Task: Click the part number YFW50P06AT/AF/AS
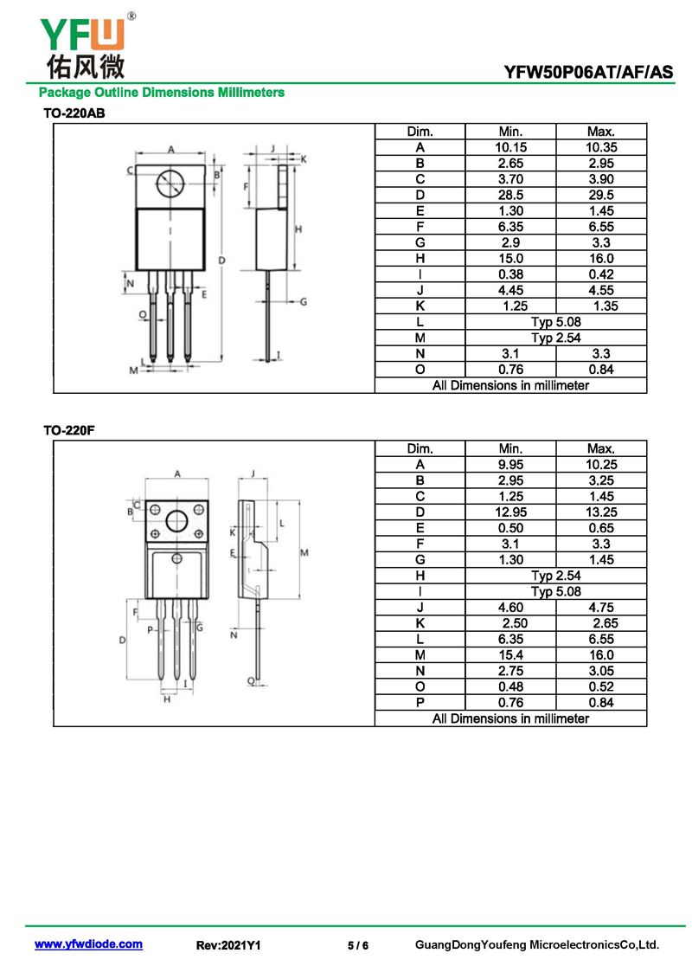click(x=588, y=73)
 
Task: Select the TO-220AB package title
click(x=74, y=113)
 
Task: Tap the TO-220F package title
click(x=68, y=430)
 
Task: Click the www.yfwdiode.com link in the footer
click(x=88, y=944)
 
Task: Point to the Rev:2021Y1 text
click(x=228, y=945)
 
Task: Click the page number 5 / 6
click(x=358, y=945)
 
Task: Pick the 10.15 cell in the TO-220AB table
click(x=510, y=147)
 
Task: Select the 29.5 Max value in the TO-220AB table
click(x=601, y=195)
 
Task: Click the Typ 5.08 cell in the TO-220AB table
click(x=556, y=322)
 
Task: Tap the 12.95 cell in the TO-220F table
click(x=510, y=512)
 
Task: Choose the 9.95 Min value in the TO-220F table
click(x=510, y=465)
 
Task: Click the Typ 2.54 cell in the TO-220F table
click(x=556, y=576)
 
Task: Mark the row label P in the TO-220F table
click(x=420, y=702)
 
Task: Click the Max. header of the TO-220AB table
click(x=601, y=132)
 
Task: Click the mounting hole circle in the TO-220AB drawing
click(x=171, y=183)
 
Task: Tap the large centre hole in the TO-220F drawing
click(x=177, y=521)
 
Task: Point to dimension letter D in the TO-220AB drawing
click(x=222, y=261)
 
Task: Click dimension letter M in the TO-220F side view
click(x=304, y=552)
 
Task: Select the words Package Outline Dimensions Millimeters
click(x=162, y=93)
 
